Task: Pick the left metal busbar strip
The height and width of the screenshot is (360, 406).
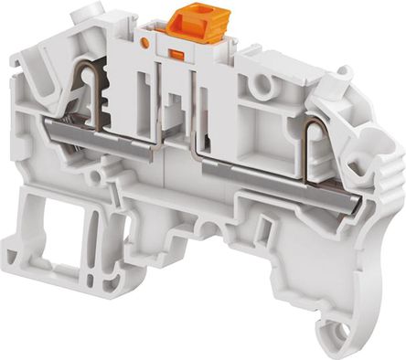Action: point(101,136)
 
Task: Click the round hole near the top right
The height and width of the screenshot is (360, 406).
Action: point(266,85)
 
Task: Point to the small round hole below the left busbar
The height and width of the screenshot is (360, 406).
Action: point(98,173)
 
